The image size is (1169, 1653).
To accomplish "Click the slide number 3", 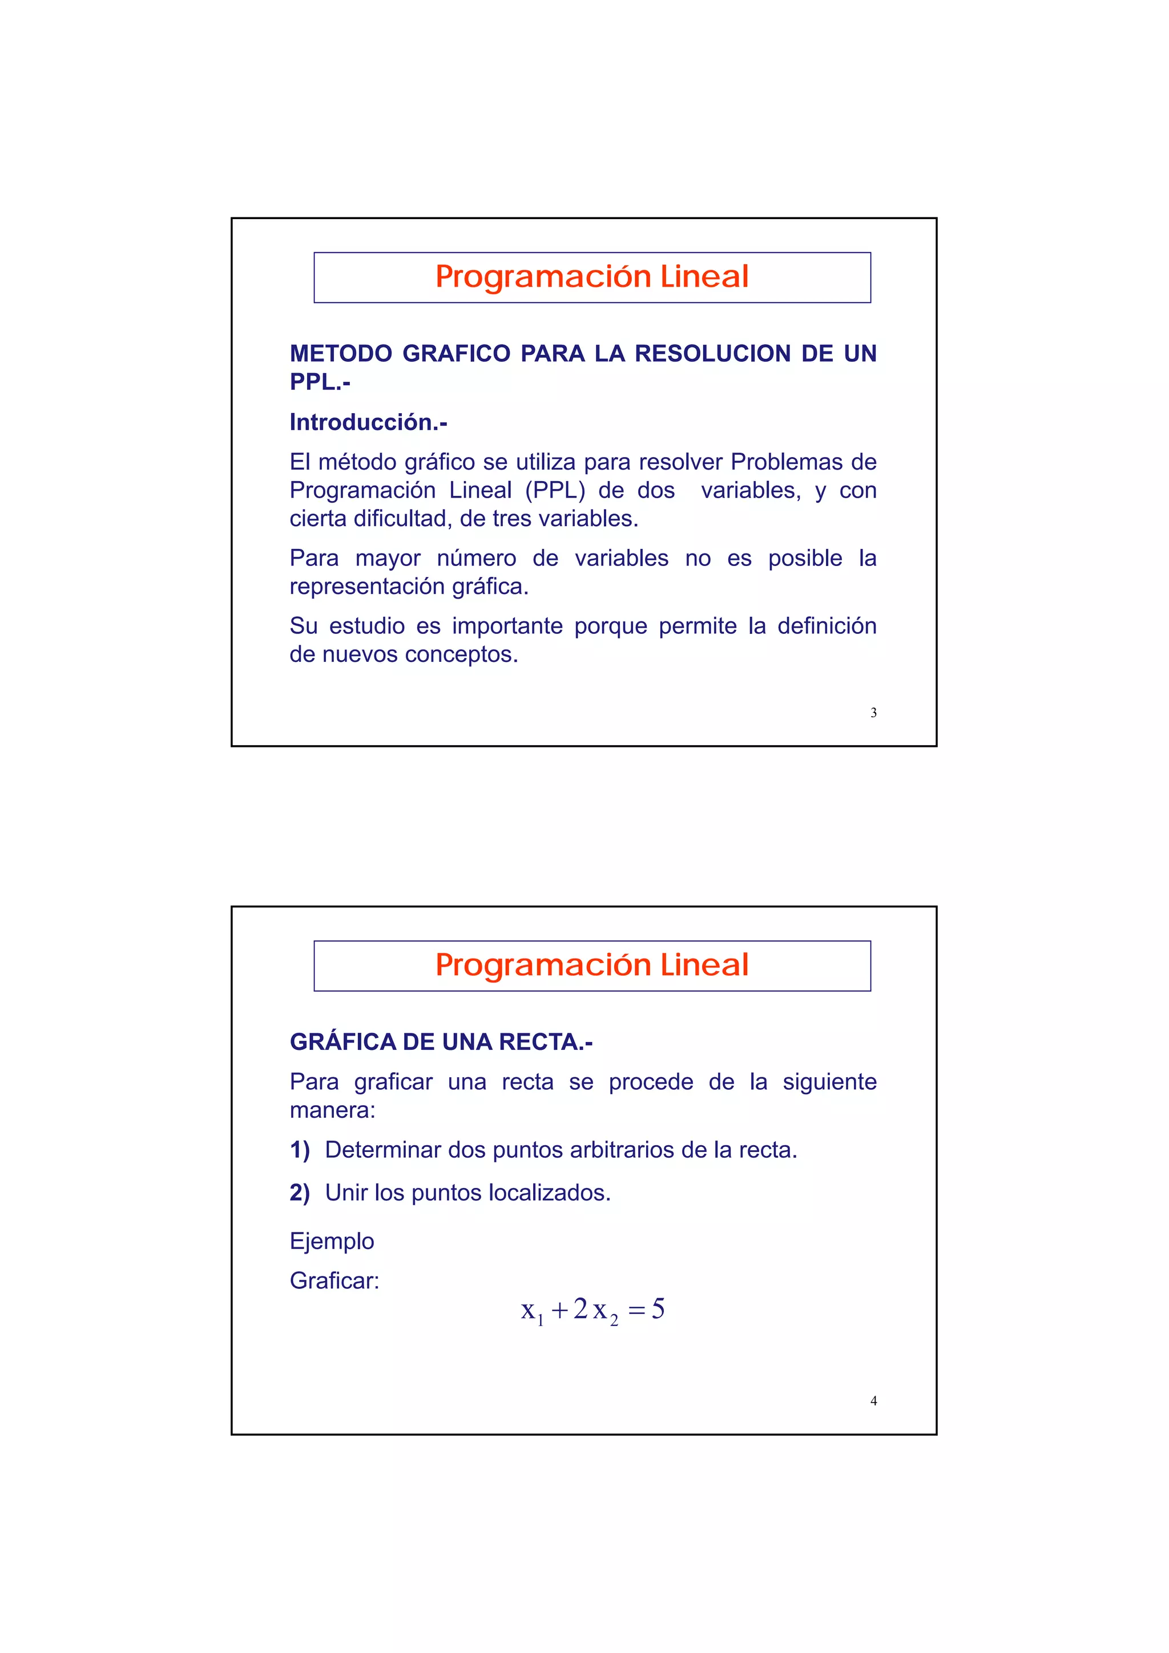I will (873, 713).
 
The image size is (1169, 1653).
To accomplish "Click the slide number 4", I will (873, 1401).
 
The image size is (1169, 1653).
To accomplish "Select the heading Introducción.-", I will (368, 423).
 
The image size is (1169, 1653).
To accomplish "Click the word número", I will (476, 558).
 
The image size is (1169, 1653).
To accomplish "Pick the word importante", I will (506, 625).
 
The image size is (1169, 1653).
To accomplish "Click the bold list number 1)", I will (300, 1150).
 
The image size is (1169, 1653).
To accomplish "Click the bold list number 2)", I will (300, 1193).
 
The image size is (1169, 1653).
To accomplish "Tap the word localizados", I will (549, 1193).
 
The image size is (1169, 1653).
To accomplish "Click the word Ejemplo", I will (331, 1241).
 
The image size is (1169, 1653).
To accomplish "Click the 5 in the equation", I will (658, 1309).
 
